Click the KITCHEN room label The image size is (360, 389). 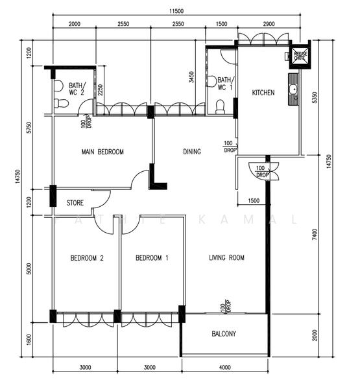tap(263, 93)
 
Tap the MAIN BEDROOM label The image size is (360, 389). tap(102, 152)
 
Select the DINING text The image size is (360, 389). tap(191, 152)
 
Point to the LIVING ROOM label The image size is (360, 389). tap(226, 258)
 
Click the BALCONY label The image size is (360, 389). tap(224, 335)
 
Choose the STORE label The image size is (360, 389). tap(75, 203)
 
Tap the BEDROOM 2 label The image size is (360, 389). tap(87, 258)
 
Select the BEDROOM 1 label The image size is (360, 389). tap(152, 258)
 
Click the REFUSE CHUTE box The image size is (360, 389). tap(300, 56)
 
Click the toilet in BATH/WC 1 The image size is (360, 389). tap(219, 107)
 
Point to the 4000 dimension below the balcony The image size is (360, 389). tap(224, 367)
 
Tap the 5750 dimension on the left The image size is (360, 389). tap(29, 126)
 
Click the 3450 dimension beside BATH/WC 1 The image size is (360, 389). tap(191, 78)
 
